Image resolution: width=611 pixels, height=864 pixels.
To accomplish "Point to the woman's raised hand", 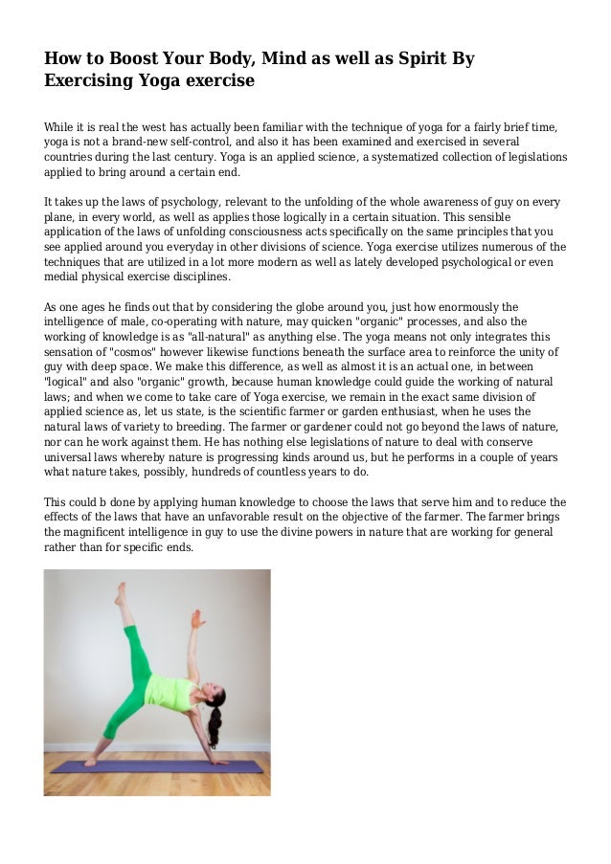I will [x=196, y=618].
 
